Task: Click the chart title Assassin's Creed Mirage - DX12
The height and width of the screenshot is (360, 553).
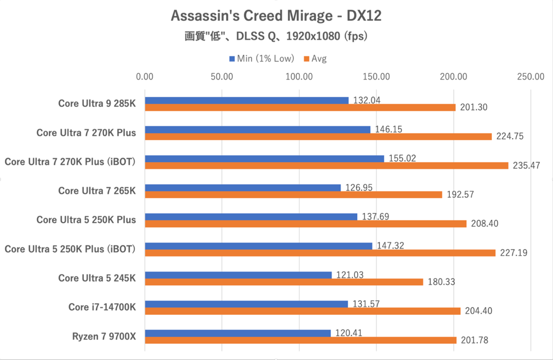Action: pyautogui.click(x=276, y=16)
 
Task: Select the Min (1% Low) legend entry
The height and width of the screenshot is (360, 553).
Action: pyautogui.click(x=261, y=59)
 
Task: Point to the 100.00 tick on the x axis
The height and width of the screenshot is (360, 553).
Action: pyautogui.click(x=299, y=77)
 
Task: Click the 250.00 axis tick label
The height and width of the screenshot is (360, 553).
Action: pyautogui.click(x=530, y=77)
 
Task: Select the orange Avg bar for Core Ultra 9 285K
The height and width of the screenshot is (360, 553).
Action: pyautogui.click(x=300, y=107)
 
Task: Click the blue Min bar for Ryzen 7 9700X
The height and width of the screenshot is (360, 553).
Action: pyautogui.click(x=238, y=333)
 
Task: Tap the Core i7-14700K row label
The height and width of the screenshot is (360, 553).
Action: pyautogui.click(x=102, y=307)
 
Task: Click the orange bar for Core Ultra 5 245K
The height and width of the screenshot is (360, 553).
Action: pyautogui.click(x=284, y=282)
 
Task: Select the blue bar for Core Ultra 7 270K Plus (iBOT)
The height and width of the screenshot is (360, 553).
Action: pyautogui.click(x=265, y=159)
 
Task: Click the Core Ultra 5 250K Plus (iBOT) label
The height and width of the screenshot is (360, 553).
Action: pyautogui.click(x=71, y=249)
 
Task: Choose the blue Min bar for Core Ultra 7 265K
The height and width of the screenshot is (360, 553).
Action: pyautogui.click(x=243, y=188)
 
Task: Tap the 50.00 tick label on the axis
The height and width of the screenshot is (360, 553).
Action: pyautogui.click(x=222, y=77)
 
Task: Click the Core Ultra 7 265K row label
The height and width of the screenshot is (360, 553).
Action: pyautogui.click(x=97, y=190)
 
